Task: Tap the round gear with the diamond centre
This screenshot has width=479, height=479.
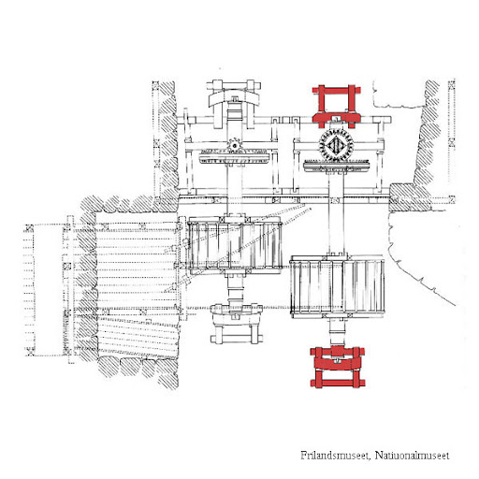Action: (x=336, y=146)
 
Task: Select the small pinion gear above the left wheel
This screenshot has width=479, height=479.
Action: (x=234, y=145)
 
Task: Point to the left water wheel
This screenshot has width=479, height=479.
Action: (x=235, y=246)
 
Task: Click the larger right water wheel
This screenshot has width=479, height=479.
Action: (x=338, y=286)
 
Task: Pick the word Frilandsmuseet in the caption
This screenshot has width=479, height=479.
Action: (x=335, y=456)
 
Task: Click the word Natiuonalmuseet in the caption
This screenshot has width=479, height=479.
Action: (x=412, y=456)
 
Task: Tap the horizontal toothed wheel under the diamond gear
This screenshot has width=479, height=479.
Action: (x=337, y=166)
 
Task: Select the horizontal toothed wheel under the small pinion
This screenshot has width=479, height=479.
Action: (x=234, y=156)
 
